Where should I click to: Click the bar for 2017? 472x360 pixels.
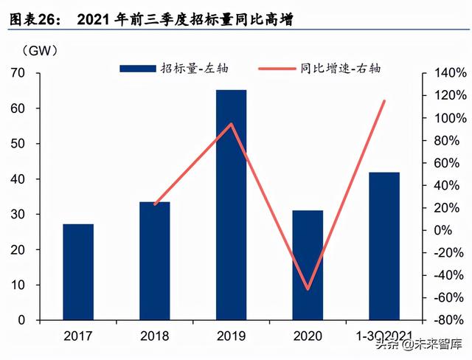click(78, 271)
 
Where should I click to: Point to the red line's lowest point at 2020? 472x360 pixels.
click(308, 289)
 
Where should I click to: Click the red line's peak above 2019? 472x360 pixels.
click(232, 124)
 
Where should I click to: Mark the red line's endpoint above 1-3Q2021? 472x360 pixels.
click(385, 101)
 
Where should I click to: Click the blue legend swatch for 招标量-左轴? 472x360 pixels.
click(139, 69)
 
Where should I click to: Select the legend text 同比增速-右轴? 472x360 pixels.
click(340, 69)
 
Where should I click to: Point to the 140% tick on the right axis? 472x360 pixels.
click(450, 73)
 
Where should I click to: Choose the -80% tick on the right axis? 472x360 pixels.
click(450, 321)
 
